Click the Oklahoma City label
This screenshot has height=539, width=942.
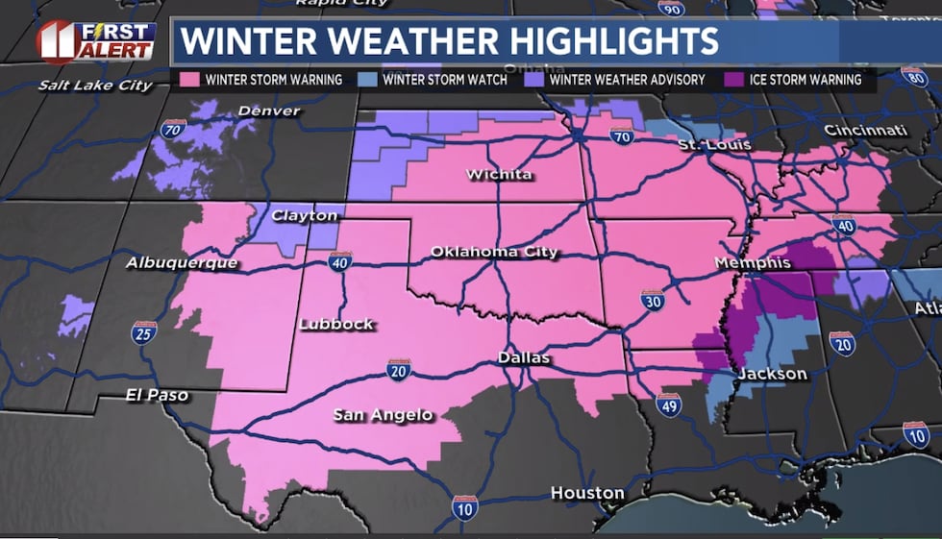point(493,252)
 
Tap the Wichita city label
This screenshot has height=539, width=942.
point(499,174)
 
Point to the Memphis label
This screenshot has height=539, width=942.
point(753,262)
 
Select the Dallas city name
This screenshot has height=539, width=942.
point(524,357)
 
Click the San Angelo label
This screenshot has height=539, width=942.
point(383,415)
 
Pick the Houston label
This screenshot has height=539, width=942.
point(587,493)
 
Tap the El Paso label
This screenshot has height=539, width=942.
point(157,395)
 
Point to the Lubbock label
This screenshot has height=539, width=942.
point(335,324)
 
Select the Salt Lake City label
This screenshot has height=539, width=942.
point(95,86)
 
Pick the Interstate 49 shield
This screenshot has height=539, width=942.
point(668,404)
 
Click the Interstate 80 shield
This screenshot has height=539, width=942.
point(914,78)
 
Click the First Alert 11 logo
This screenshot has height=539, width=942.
point(96,41)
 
